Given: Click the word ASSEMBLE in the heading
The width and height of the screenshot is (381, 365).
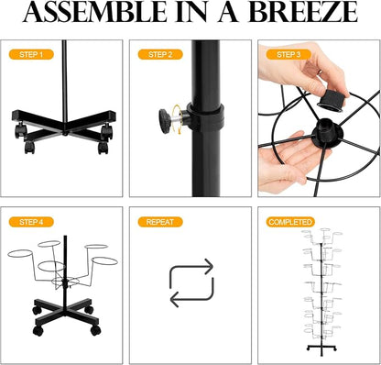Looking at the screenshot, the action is point(94,12).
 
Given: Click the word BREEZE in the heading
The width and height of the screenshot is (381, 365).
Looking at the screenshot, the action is point(303,12).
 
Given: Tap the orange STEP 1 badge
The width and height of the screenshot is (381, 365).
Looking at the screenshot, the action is point(31,55).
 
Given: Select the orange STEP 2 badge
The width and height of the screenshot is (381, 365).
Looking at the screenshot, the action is point(160,55).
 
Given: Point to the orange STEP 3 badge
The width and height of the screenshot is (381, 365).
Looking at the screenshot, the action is point(288,55).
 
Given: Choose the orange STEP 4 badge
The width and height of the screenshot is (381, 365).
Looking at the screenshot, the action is point(31,222).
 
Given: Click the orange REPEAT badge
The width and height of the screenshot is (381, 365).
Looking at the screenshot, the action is point(160,222).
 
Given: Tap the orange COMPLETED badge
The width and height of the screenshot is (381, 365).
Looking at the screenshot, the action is point(290,222).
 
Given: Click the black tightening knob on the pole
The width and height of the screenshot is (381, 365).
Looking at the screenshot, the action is point(165,121).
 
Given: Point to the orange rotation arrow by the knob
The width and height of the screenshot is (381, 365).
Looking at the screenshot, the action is point(177,118).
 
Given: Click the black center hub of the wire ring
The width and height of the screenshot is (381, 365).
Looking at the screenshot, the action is point(327,133).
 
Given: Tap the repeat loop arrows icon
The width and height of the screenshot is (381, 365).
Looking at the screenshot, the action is point(191,282).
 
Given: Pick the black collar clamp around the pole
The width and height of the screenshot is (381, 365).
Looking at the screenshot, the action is point(206,116).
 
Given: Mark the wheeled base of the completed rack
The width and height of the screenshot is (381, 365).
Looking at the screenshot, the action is point(321,348).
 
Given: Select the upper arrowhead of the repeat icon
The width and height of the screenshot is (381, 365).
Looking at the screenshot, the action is point(208,266).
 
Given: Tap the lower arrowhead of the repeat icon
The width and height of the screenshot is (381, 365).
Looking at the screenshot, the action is point(175,299).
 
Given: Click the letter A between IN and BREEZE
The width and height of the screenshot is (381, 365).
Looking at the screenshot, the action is point(228,12).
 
